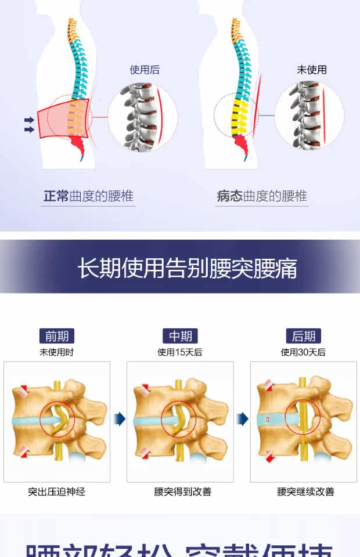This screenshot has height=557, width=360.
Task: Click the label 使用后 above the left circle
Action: point(145,70)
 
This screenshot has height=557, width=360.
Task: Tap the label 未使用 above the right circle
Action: point(312,70)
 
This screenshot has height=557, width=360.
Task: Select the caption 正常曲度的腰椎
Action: point(88,196)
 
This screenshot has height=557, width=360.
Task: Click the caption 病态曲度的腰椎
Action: point(262,196)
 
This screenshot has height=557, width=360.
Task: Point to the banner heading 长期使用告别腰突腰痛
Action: point(187,269)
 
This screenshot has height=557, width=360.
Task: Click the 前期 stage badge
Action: point(57,336)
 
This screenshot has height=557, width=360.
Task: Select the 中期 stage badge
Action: point(180,336)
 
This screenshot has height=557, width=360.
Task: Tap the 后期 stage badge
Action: point(303,336)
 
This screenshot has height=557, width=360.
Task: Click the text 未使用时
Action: point(56,352)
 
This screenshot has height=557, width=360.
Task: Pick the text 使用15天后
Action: point(180,352)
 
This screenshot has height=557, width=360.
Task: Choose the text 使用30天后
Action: point(303,352)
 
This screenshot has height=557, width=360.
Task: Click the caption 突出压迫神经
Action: point(56,491)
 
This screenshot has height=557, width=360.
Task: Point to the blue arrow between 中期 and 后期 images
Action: point(243,418)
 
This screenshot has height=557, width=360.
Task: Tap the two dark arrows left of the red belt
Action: point(29,125)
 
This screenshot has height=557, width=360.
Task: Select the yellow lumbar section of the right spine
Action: point(237,116)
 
